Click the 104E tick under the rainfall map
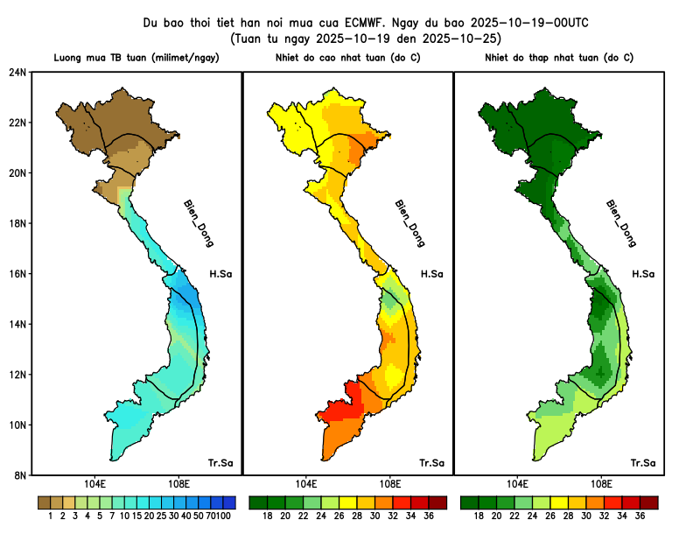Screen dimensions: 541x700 click(x=95, y=484)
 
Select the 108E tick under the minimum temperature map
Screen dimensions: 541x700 click(x=601, y=484)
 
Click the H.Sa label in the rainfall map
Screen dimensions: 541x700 click(x=220, y=274)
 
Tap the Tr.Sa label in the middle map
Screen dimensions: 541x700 click(x=431, y=462)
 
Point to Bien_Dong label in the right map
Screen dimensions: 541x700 click(x=620, y=222)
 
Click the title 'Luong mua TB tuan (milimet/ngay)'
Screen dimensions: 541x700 click(x=136, y=58)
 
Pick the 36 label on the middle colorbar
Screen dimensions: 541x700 click(x=429, y=516)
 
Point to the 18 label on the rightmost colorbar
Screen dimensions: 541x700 click(x=479, y=516)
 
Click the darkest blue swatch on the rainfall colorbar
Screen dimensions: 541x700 click(x=229, y=502)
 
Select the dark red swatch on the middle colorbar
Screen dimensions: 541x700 click(x=438, y=502)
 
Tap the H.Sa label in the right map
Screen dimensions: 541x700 click(x=643, y=274)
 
